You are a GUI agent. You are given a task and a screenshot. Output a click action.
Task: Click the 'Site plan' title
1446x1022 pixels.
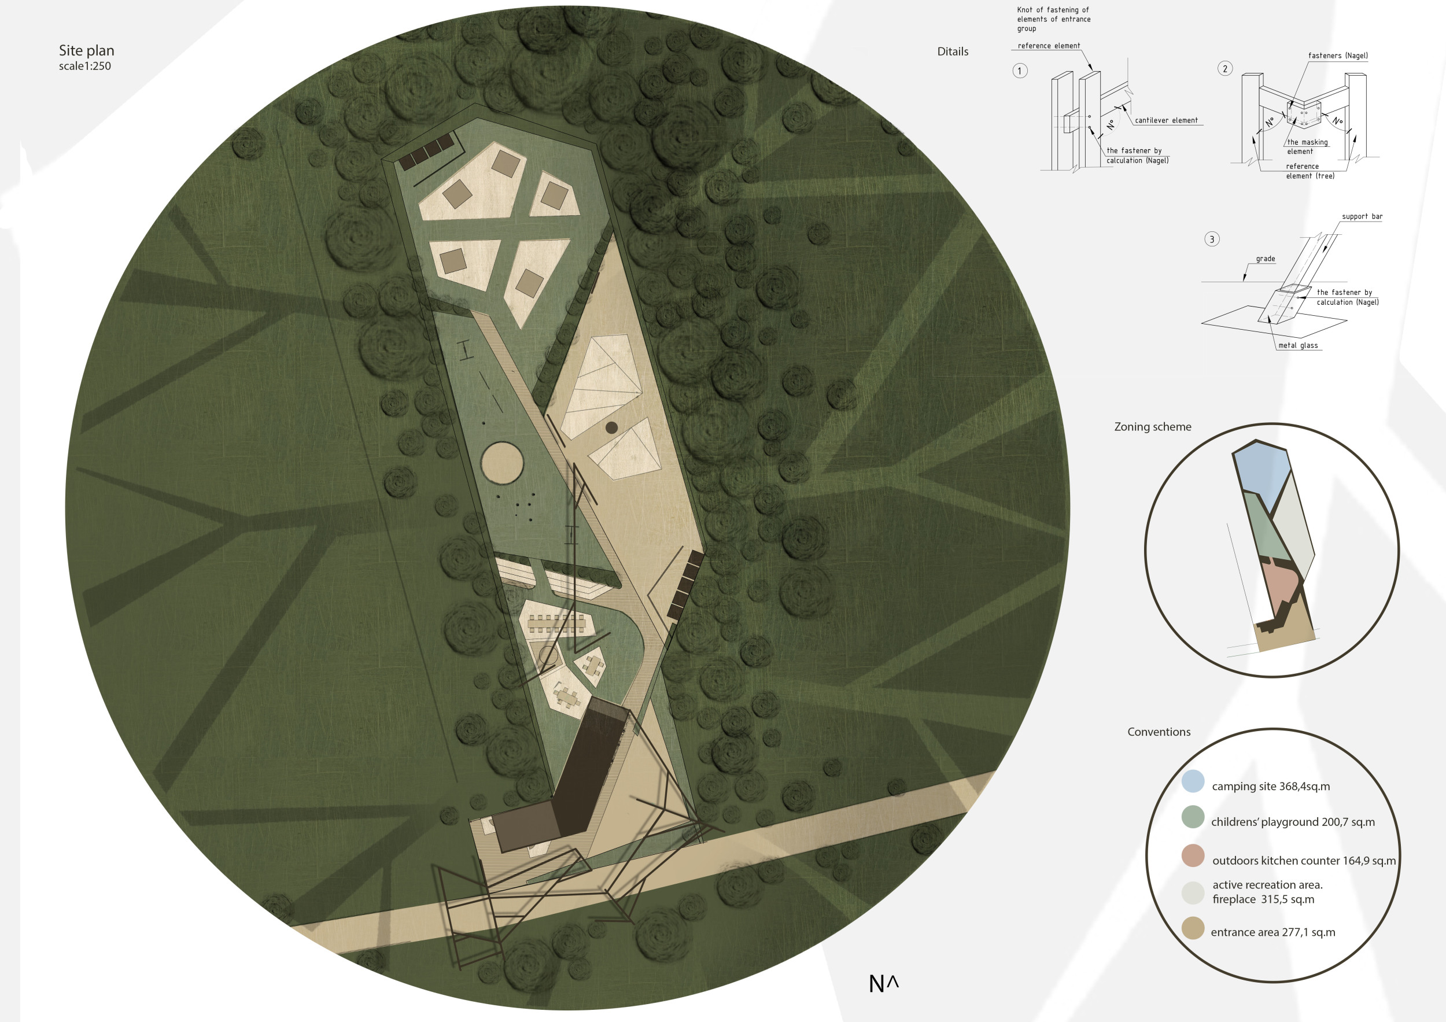tap(86, 50)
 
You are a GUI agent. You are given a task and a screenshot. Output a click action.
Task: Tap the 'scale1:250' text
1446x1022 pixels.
tap(85, 66)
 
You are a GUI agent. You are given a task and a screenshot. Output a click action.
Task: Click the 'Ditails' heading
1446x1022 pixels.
tap(953, 51)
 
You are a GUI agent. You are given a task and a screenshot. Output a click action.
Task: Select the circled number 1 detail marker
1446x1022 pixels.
tap(1020, 71)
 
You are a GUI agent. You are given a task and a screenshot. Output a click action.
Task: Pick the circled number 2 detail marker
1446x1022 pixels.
tap(1225, 69)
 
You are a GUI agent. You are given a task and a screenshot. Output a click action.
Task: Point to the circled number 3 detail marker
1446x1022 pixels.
tap(1212, 239)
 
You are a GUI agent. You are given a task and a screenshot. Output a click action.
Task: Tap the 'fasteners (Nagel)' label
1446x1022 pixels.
tap(1338, 56)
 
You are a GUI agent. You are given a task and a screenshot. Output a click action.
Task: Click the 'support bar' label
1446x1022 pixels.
tap(1362, 217)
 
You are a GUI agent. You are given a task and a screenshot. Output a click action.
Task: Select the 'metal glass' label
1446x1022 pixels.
tap(1298, 345)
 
